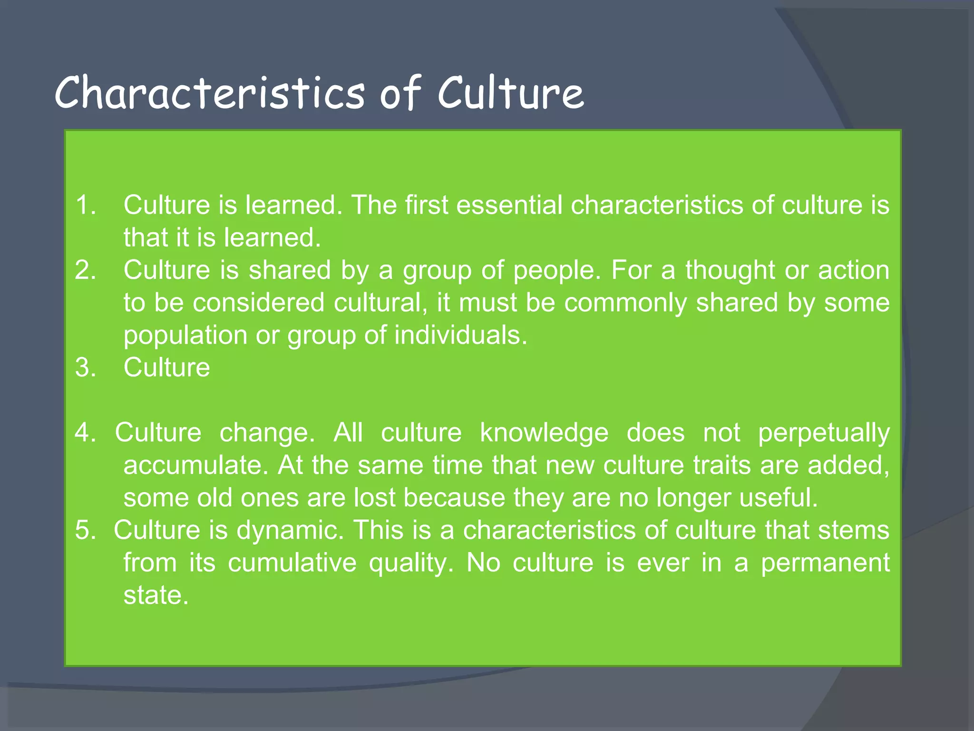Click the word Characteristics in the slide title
click(x=210, y=92)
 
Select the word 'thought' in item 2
click(x=730, y=270)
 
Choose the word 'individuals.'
click(x=461, y=335)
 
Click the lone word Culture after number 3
click(x=166, y=367)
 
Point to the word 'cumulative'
click(x=292, y=563)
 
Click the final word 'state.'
click(x=156, y=595)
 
